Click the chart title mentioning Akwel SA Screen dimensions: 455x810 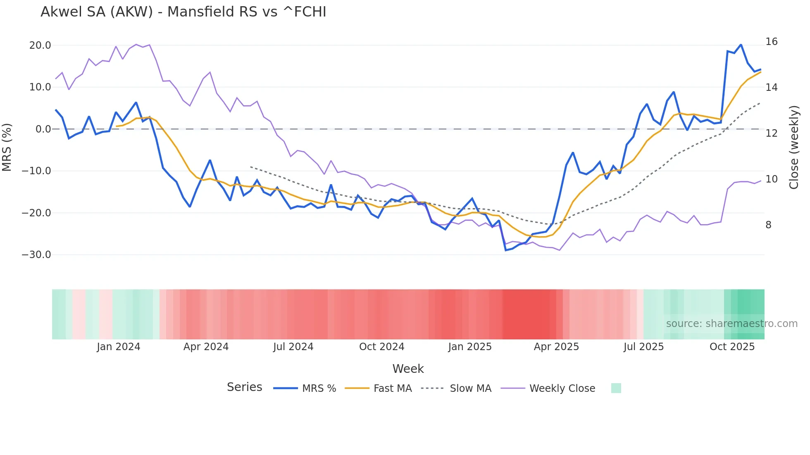coord(183,12)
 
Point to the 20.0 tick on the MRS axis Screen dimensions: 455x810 coord(40,45)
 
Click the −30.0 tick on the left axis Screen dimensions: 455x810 coord(36,255)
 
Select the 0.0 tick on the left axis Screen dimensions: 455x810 coord(43,129)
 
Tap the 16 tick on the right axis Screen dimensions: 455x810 coord(771,42)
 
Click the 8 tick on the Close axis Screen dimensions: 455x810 coord(768,225)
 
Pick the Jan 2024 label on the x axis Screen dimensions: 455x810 coord(119,347)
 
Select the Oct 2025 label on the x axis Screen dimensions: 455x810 coord(732,347)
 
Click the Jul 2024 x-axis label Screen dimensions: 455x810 coord(293,347)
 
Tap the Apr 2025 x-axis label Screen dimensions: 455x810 coord(556,347)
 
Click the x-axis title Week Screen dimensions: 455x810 coord(408,369)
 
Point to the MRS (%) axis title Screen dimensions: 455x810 coord(7,147)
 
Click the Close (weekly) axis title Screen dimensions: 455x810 coord(794,147)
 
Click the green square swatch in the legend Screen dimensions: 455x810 coord(616,388)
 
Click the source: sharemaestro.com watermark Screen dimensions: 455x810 coord(731,324)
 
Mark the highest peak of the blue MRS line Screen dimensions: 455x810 coord(741,45)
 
